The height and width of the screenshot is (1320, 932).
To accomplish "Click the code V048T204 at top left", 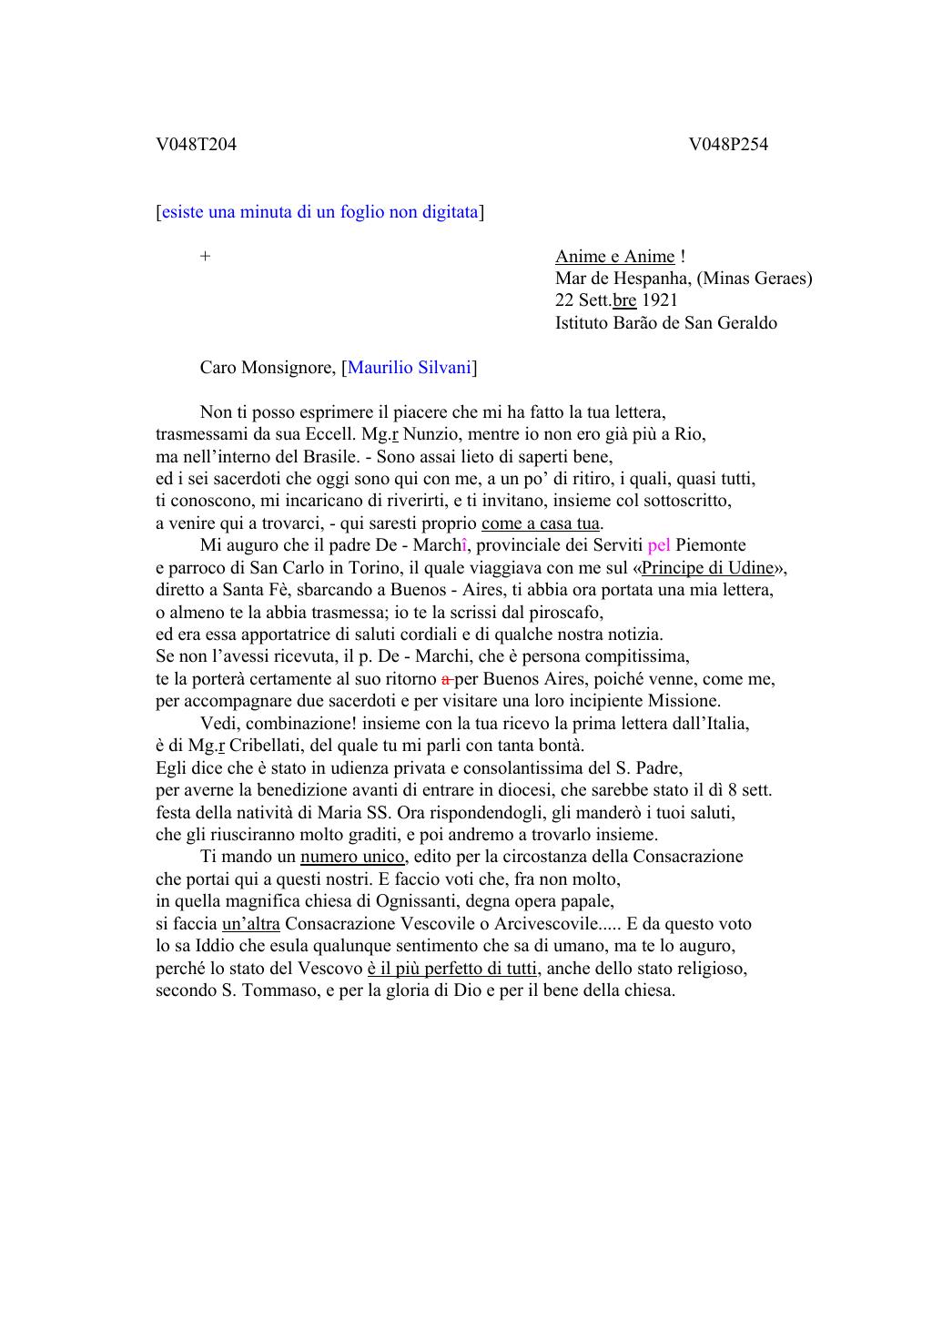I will click(196, 144).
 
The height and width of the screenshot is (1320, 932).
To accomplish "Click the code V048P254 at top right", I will click(728, 144).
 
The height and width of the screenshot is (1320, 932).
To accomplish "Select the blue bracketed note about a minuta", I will click(319, 212).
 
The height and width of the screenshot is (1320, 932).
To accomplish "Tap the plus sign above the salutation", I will click(206, 257).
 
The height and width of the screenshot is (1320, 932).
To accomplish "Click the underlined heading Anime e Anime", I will click(615, 257).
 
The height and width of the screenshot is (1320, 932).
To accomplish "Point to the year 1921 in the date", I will click(660, 300).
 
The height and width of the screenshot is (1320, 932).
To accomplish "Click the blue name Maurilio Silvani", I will click(410, 368).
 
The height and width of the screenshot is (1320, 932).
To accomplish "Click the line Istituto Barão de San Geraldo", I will click(666, 323).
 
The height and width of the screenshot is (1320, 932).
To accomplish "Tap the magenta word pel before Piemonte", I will click(659, 545).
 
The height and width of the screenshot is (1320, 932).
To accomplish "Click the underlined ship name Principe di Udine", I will click(707, 568).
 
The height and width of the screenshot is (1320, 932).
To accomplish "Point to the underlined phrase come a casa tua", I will click(541, 523).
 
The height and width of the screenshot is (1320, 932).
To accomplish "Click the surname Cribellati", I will click(266, 746).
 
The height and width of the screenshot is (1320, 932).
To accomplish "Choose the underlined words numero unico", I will click(352, 857).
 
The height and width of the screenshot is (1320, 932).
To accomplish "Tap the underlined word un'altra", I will click(251, 924).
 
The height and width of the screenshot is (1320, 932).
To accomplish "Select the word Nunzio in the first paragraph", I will click(431, 434).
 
